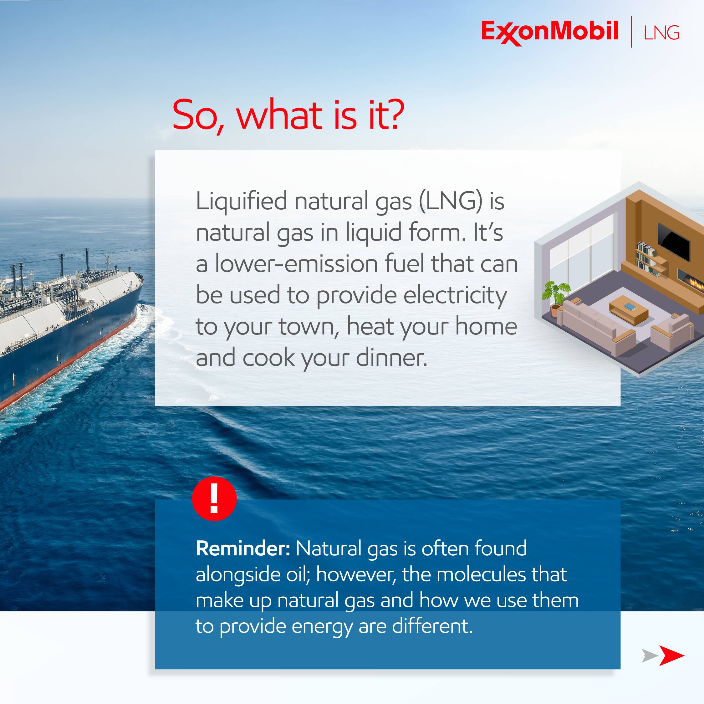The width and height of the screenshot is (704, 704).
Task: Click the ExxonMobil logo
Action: point(550,32)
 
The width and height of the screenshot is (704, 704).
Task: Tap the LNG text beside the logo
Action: point(661,33)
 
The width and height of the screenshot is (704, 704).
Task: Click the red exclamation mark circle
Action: point(214,498)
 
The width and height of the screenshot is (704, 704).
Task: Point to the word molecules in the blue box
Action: point(481,575)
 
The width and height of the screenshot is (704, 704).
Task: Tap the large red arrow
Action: point(671,656)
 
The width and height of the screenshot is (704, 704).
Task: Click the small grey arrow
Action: point(649,656)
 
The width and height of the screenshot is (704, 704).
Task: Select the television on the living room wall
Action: point(673,242)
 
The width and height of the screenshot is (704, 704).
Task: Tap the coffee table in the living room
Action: point(629,309)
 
